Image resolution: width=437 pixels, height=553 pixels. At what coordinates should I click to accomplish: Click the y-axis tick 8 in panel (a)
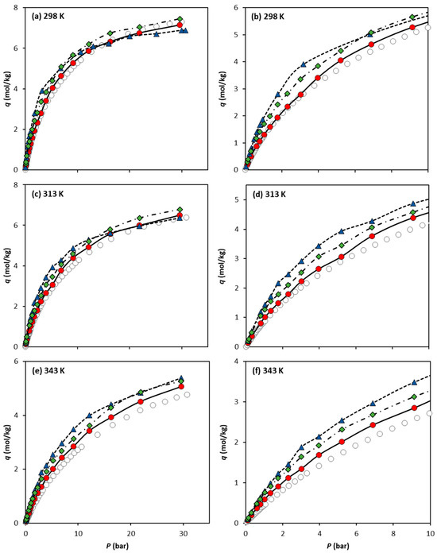click(x=17, y=7)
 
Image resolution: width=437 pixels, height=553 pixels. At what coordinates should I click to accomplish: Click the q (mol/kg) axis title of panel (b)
click(x=227, y=87)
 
